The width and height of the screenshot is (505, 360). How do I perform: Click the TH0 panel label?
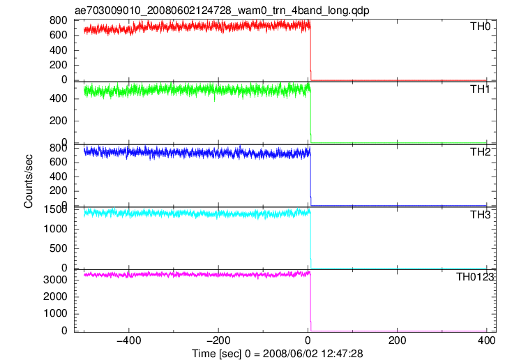pyautogui.click(x=480, y=27)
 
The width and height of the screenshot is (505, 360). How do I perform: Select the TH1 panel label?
pyautogui.click(x=480, y=89)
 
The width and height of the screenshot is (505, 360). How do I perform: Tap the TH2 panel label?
pyautogui.click(x=480, y=152)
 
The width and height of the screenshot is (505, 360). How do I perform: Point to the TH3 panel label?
pyautogui.click(x=480, y=215)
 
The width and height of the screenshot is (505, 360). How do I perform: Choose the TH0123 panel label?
pyautogui.click(x=475, y=277)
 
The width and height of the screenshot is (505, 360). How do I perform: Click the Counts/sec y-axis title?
pyautogui.click(x=29, y=181)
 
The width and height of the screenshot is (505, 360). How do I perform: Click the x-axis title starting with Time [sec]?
pyautogui.click(x=278, y=353)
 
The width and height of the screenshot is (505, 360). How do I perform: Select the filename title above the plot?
pyautogui.click(x=222, y=10)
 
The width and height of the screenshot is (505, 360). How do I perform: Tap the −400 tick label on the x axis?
pyautogui.click(x=129, y=340)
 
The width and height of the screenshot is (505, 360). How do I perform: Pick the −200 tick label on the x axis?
pyautogui.click(x=218, y=340)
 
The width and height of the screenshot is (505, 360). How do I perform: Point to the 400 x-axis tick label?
pyautogui.click(x=486, y=340)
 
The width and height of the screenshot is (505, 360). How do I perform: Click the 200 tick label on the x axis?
pyautogui.click(x=397, y=340)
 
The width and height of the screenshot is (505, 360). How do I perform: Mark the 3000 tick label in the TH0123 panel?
pyautogui.click(x=55, y=280)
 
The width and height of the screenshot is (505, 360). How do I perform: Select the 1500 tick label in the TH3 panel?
pyautogui.click(x=55, y=209)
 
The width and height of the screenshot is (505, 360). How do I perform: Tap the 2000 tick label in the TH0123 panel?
pyautogui.click(x=55, y=297)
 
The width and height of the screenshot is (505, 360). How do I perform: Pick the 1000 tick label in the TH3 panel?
pyautogui.click(x=55, y=229)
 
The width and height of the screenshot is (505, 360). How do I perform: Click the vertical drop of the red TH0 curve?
pyautogui.click(x=310, y=53)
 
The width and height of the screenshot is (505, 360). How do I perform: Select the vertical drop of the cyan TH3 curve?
pyautogui.click(x=310, y=240)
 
